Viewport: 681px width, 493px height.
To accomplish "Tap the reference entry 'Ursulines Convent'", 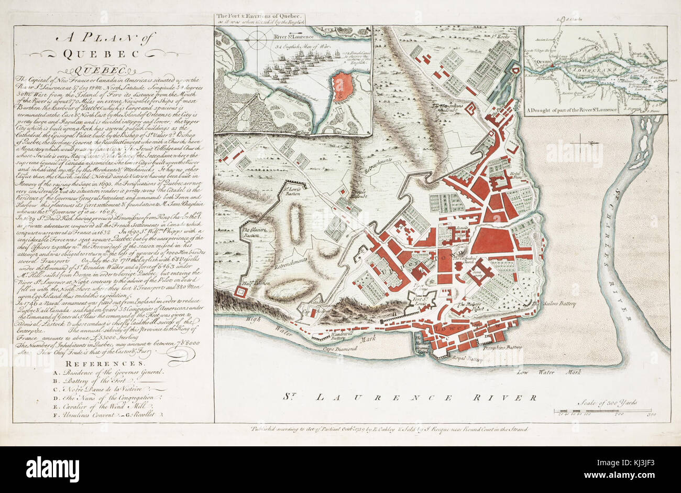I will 84,414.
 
